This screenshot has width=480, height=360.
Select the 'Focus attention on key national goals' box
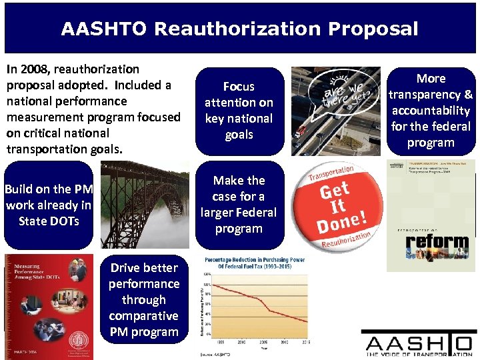click(239, 111)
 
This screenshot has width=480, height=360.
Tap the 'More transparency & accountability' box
click(431, 111)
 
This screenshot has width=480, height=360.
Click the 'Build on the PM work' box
click(48, 205)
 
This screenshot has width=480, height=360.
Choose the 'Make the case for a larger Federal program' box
click(239, 205)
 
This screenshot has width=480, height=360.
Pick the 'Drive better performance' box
click(144, 300)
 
